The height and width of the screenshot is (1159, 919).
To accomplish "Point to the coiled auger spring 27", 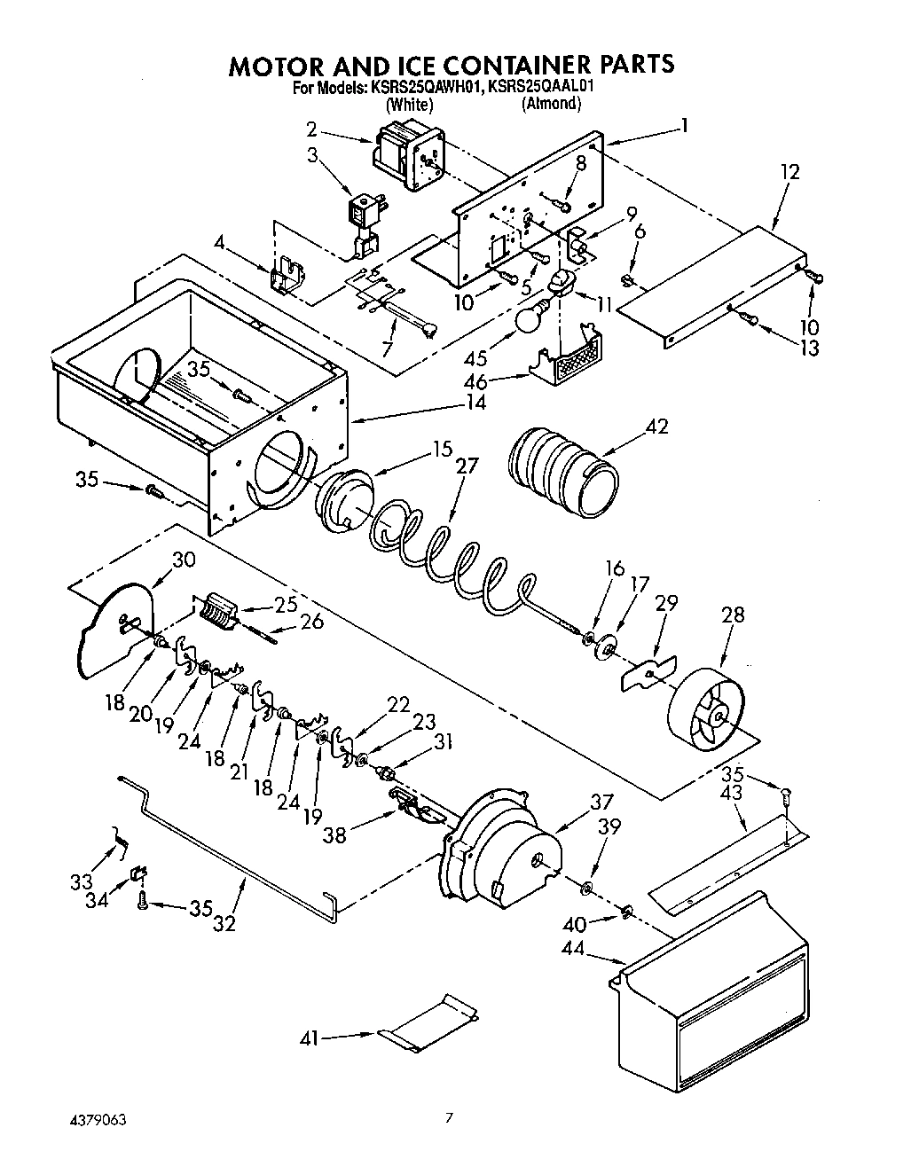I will [452, 557].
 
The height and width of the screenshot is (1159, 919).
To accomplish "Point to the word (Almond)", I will [551, 104].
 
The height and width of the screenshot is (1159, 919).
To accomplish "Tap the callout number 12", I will [789, 171].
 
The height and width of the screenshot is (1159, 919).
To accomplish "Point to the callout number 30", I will [184, 560].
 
